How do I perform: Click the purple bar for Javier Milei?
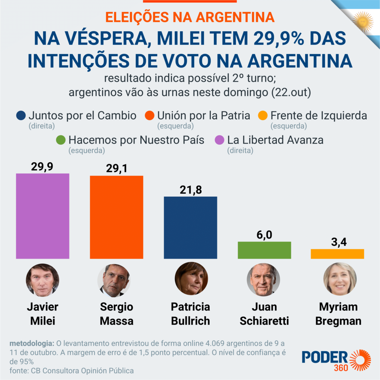click(43, 216)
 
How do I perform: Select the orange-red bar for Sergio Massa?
click(117, 217)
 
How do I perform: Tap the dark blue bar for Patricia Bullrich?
click(190, 227)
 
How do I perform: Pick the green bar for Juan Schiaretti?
click(264, 250)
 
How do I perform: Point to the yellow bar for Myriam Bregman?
click(337, 254)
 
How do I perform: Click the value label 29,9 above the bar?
click(42, 167)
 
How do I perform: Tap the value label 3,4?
click(337, 242)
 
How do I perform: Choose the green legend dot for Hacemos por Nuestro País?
click(62, 140)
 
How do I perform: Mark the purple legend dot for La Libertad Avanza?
click(220, 140)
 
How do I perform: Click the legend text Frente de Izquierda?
click(319, 116)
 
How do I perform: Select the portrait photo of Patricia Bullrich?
click(191, 279)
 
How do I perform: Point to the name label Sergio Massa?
click(117, 314)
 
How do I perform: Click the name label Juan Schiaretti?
click(264, 314)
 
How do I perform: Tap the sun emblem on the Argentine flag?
click(363, 21)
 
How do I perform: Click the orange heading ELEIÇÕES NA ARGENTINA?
click(190, 17)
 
